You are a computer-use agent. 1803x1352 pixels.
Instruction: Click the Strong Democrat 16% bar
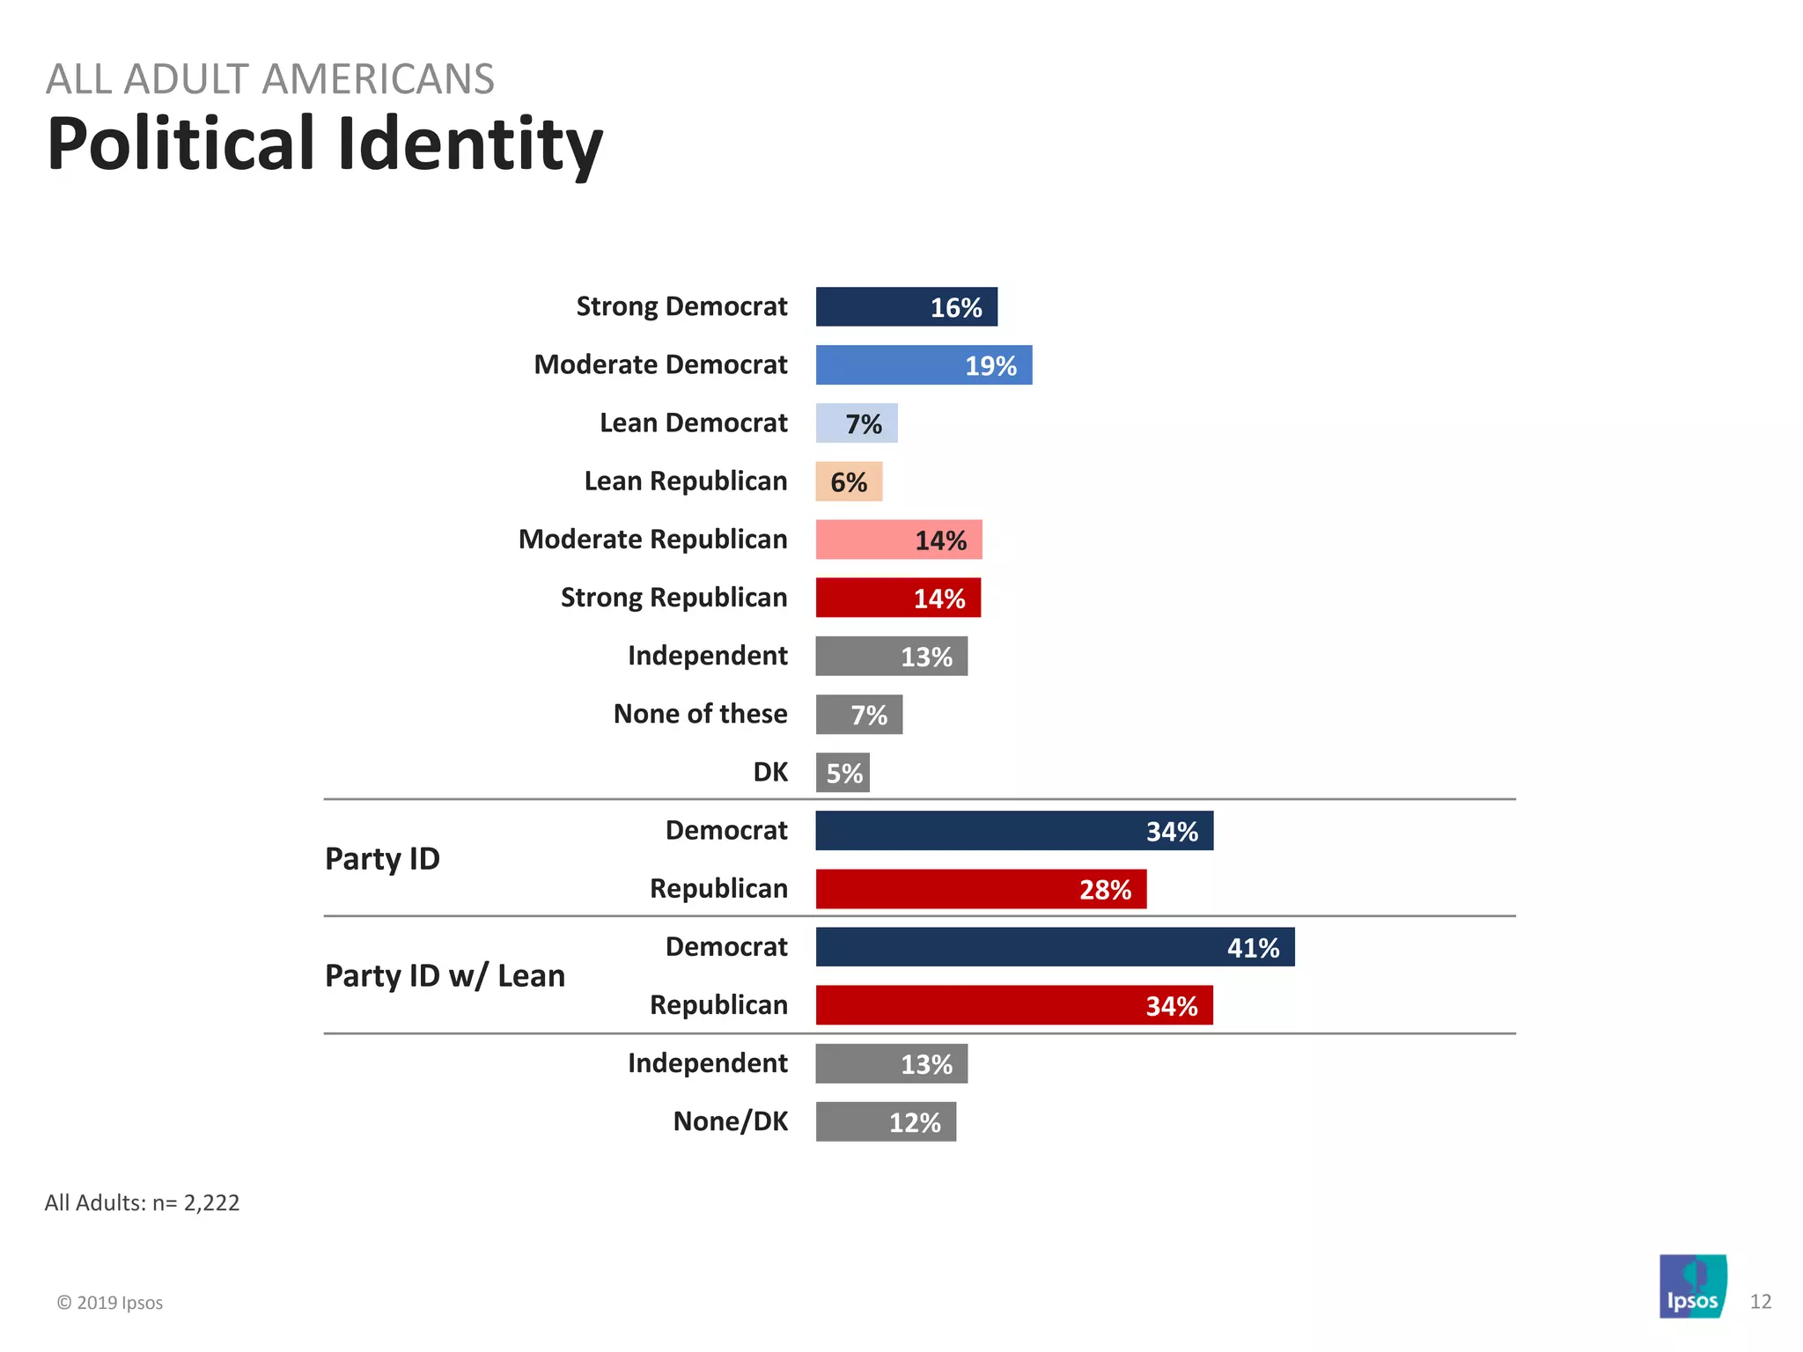tap(906, 307)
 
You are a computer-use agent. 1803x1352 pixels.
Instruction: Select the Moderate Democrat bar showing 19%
tap(924, 365)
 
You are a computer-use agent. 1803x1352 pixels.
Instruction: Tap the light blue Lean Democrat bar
tap(856, 423)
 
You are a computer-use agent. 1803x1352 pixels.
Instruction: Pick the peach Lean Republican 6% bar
tap(849, 481)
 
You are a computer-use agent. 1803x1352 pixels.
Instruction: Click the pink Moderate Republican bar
tap(898, 540)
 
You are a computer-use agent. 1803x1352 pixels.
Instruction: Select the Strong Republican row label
tap(673, 598)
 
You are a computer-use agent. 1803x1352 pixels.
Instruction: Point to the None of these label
tap(700, 714)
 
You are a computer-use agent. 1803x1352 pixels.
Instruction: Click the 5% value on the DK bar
tap(844, 774)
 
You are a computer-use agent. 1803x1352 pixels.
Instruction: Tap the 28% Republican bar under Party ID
tap(981, 889)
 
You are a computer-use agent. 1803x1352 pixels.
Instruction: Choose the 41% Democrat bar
tap(1055, 947)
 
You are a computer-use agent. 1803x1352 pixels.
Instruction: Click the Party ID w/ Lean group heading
tap(445, 975)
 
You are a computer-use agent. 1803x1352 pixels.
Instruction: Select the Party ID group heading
tap(382, 859)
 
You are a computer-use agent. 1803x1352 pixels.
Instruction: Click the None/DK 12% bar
tap(886, 1122)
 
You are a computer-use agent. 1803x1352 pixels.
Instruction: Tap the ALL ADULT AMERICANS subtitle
tap(269, 79)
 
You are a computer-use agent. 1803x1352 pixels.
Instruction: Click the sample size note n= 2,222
tap(142, 1202)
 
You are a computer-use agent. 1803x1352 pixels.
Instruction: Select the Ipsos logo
tap(1692, 1286)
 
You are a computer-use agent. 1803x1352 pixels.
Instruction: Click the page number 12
tap(1760, 1302)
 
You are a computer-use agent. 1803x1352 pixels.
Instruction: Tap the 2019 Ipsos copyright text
tap(110, 1303)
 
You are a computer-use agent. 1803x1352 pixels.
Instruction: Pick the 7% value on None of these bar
tap(868, 716)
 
